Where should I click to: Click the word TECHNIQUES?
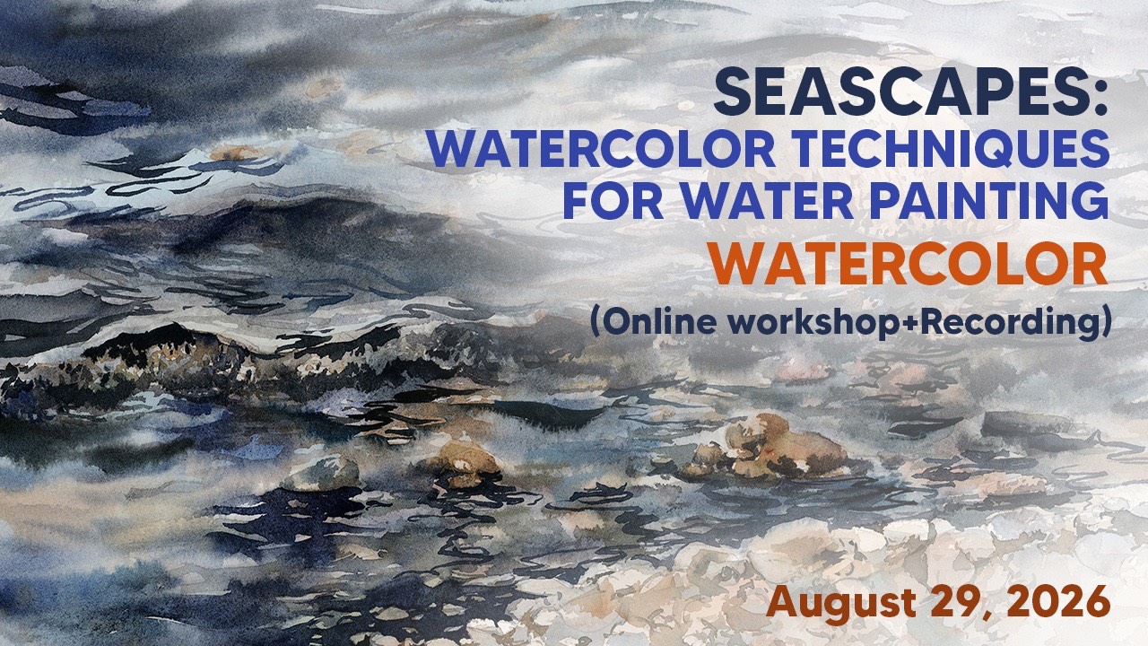tap(944, 150)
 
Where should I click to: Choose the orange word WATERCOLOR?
tap(909, 266)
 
